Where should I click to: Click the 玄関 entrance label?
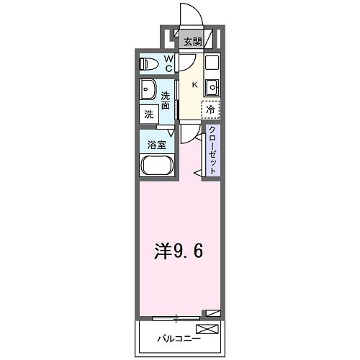point(191,41)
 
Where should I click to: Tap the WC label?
point(168,63)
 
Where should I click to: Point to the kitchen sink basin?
point(212,89)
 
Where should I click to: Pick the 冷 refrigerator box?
point(210,109)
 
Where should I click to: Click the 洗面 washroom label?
point(166,101)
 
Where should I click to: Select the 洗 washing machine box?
point(149,114)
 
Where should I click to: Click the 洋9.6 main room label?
point(180,251)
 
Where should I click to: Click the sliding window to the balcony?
point(176,317)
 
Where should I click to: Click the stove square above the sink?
point(212,62)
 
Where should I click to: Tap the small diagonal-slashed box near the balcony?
point(212,313)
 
